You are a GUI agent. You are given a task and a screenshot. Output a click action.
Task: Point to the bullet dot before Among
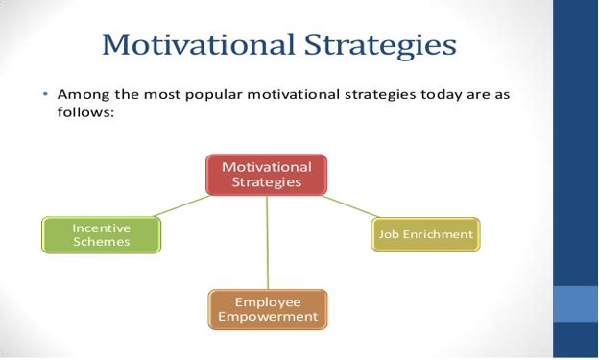pyautogui.click(x=45, y=96)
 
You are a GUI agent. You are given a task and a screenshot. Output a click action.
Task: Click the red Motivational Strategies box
pyautogui.click(x=267, y=174)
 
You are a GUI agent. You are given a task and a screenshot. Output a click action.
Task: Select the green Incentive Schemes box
pyautogui.click(x=101, y=235)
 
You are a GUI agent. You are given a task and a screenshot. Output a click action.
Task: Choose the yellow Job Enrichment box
pyautogui.click(x=424, y=234)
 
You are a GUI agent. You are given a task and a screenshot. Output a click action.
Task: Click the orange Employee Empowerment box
pyautogui.click(x=267, y=309)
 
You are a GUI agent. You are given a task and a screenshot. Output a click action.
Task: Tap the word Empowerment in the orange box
pyautogui.click(x=268, y=317)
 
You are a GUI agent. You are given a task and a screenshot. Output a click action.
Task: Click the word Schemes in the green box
pyautogui.click(x=101, y=243)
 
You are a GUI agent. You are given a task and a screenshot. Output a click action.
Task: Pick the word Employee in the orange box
pyautogui.click(x=268, y=301)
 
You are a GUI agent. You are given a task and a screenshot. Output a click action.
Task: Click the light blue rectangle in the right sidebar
pyautogui.click(x=576, y=303)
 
